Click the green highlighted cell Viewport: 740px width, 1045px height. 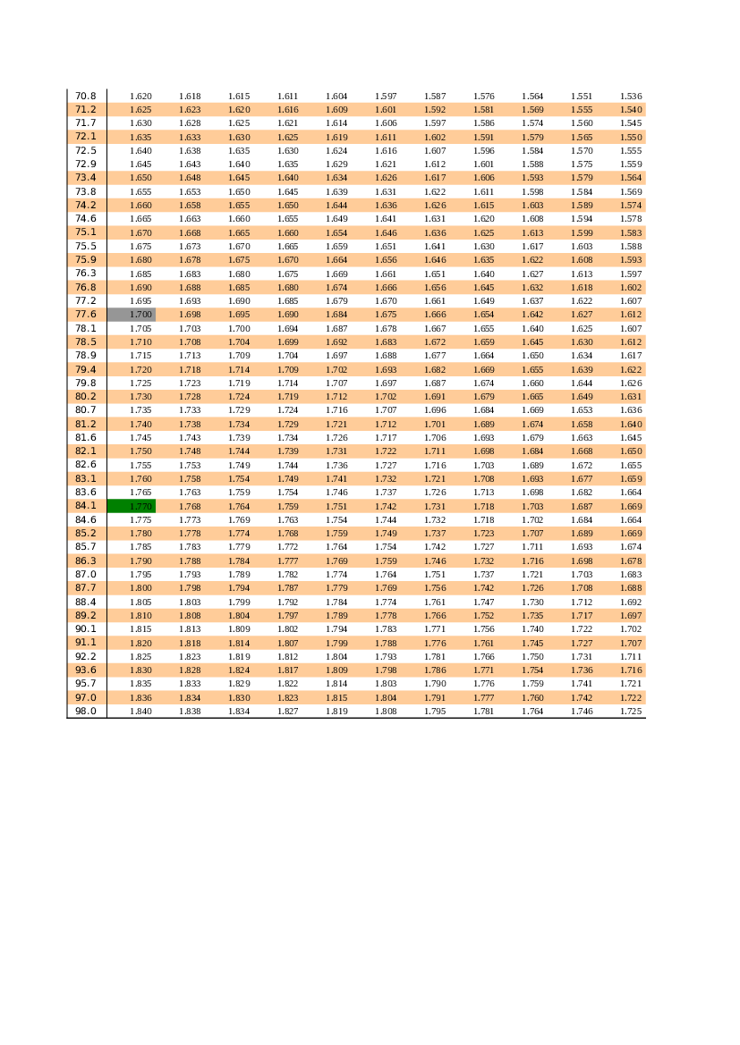coord(132,506)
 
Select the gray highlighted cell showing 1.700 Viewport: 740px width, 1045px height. coord(132,315)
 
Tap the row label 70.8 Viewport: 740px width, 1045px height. coord(85,96)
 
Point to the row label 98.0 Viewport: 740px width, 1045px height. coord(85,711)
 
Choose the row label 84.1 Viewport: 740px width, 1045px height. coord(85,506)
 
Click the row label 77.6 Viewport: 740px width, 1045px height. coord(85,315)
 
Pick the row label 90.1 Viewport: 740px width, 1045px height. coord(85,629)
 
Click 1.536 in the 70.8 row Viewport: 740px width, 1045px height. coord(631,96)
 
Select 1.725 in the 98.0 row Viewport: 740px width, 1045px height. coord(631,711)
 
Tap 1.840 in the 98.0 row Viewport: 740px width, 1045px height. coord(140,711)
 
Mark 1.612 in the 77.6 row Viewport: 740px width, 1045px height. coord(631,315)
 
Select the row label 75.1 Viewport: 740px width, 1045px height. coord(85,232)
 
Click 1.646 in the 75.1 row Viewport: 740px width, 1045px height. coord(386,232)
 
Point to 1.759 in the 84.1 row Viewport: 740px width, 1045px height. coord(287,506)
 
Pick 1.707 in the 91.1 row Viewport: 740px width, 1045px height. coord(631,643)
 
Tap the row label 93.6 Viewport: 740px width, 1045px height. coord(85,670)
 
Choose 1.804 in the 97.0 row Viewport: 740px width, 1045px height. coord(386,698)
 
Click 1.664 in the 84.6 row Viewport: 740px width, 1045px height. coord(631,520)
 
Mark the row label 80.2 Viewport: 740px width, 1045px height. coord(85,397)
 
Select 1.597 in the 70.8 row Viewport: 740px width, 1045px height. coord(386,96)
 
